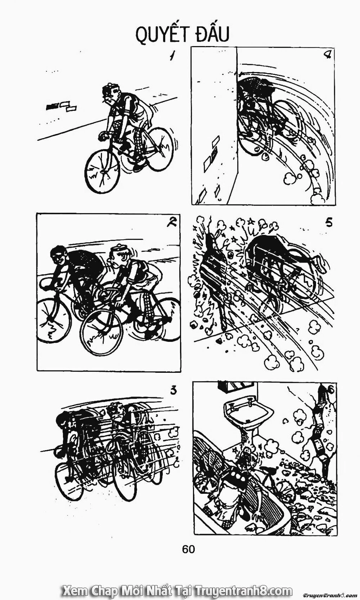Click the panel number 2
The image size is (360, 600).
pos(172,223)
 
